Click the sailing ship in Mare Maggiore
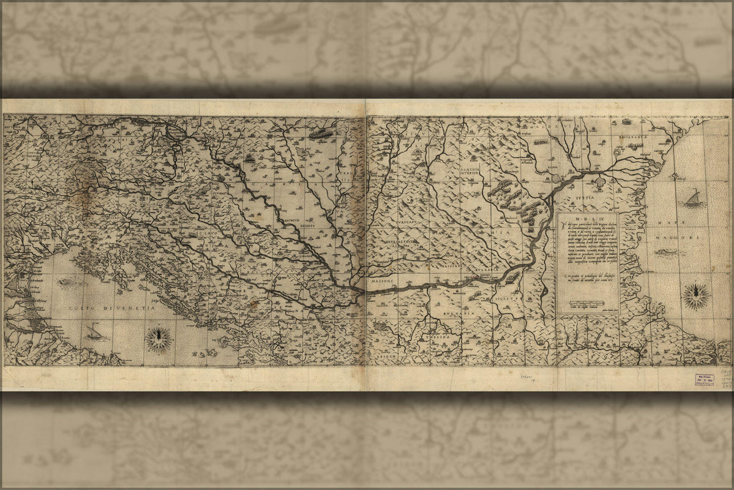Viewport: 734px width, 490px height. click(692, 198)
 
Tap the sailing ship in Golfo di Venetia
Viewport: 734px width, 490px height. click(94, 333)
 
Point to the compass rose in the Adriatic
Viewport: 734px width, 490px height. click(159, 337)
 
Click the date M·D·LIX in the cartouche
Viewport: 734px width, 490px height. click(587, 219)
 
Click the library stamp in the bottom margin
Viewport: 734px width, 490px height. click(703, 379)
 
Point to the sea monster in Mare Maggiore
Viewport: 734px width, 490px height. click(667, 252)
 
